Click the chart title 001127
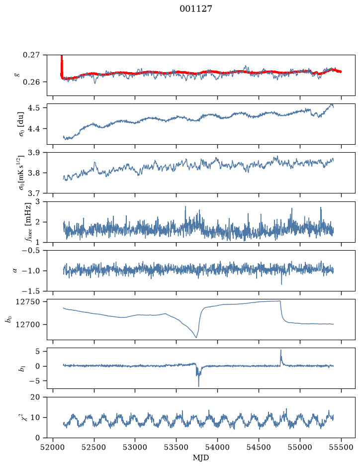click(x=195, y=9)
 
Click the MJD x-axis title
click(x=201, y=458)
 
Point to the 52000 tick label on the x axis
click(x=53, y=447)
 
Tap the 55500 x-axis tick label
click(x=341, y=447)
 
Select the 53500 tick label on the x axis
click(x=177, y=447)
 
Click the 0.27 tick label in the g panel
click(x=31, y=55)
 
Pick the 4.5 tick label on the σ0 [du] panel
click(x=34, y=107)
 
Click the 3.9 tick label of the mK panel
click(x=34, y=153)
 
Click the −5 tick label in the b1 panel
click(x=34, y=381)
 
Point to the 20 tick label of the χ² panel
click(x=35, y=397)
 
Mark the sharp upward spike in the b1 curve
click(x=281, y=350)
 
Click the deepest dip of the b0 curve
click(x=196, y=337)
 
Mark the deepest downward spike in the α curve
click(x=282, y=284)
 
